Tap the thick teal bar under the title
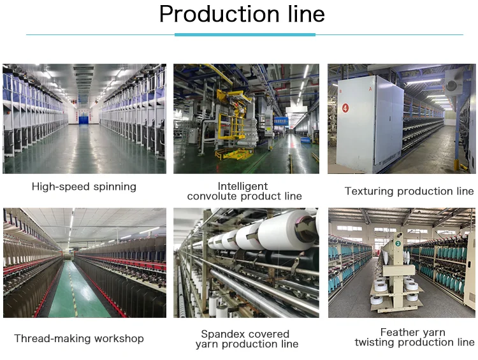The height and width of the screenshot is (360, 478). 245,34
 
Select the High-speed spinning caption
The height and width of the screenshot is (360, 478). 84,187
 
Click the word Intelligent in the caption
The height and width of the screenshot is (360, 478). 244,186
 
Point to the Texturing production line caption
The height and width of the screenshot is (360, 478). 409,191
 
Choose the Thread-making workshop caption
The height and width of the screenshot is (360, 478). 79,338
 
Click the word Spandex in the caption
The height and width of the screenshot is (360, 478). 223,334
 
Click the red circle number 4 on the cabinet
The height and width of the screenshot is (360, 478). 345,108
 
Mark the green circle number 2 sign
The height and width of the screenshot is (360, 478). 398,243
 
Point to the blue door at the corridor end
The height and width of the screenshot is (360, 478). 83,118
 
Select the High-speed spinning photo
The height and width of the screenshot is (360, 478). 84,119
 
